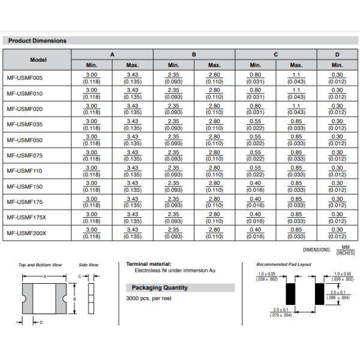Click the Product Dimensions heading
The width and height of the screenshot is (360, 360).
tap(37, 41)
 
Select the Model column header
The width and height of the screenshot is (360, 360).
tap(37, 59)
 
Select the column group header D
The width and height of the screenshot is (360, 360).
tap(337, 54)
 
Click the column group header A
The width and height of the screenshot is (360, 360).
tap(112, 54)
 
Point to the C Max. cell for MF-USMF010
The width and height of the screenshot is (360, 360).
tap(296, 93)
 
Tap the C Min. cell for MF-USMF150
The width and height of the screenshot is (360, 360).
tap(255, 185)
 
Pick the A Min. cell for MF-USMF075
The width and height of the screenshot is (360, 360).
tap(92, 155)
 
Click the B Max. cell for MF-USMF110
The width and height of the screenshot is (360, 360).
tap(214, 170)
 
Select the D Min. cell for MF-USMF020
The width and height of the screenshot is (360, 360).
tap(337, 109)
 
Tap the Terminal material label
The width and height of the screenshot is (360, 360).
tap(148, 264)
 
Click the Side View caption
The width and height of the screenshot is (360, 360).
tap(89, 265)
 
